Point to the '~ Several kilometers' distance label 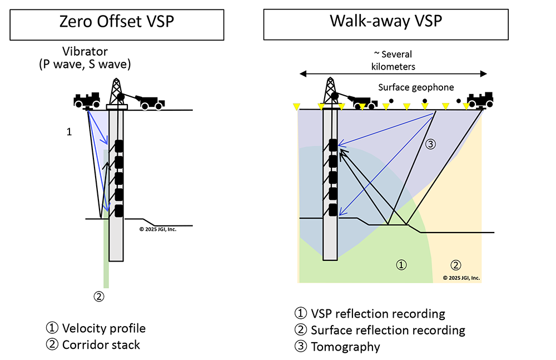tap(393, 60)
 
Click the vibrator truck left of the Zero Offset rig tap(87, 101)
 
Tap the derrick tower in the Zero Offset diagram tap(116, 89)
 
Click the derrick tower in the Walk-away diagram tap(330, 89)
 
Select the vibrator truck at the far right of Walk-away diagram tap(479, 100)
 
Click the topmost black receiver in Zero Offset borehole tap(118, 146)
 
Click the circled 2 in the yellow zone tap(455, 264)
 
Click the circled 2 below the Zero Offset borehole tap(98, 297)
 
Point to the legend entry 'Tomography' tap(345, 347)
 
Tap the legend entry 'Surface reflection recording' tap(388, 330)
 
